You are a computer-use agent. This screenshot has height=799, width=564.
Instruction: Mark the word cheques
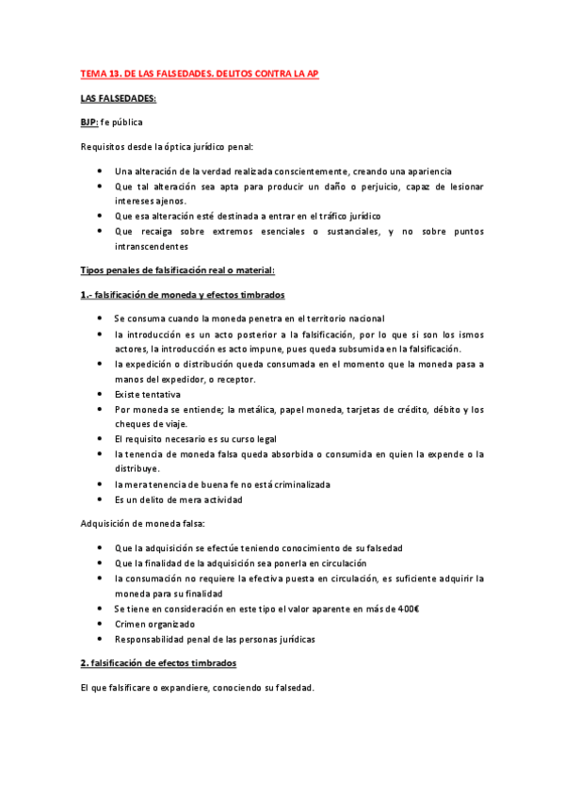[134, 424]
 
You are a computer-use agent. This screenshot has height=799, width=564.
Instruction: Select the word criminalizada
[292, 484]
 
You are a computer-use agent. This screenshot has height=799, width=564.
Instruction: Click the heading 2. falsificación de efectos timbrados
[163, 663]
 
